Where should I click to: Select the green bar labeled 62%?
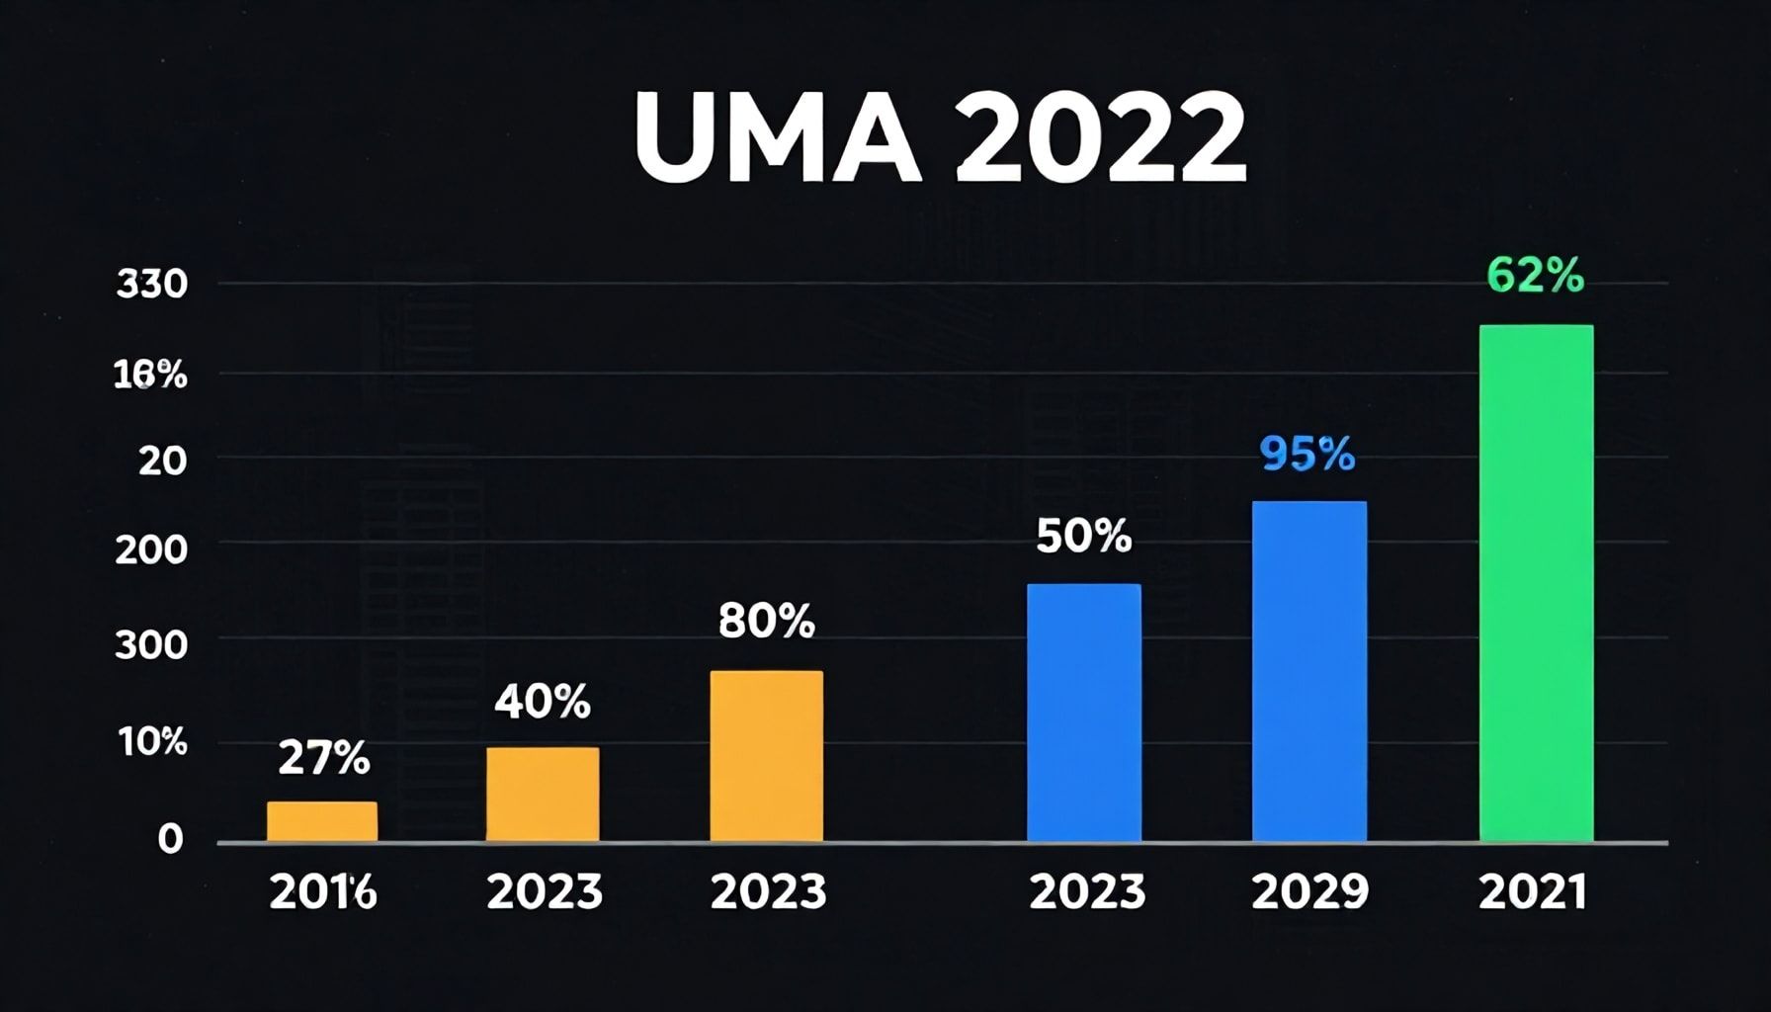(x=1536, y=583)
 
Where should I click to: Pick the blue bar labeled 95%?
(x=1309, y=672)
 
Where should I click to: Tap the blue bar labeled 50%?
(x=1084, y=713)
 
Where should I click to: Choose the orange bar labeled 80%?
(x=767, y=756)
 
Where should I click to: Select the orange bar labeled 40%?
(x=543, y=795)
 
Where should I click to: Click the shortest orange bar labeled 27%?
(x=322, y=821)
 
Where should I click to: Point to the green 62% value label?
(x=1535, y=277)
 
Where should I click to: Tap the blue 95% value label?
(x=1307, y=455)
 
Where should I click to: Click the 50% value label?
(x=1084, y=538)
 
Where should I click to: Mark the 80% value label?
(x=767, y=623)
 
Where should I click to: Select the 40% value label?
(x=543, y=703)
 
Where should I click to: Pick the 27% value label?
(x=324, y=759)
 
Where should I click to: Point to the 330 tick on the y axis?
(x=152, y=285)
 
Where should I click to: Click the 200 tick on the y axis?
(x=151, y=550)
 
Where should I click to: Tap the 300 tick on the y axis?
(x=151, y=645)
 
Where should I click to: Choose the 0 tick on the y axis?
(x=171, y=839)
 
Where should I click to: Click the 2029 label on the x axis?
(x=1309, y=893)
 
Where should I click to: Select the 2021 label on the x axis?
(x=1533, y=893)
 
